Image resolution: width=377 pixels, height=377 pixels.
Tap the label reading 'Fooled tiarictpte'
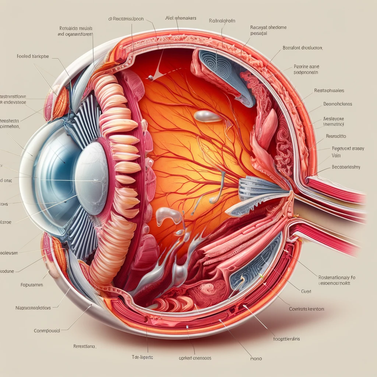pyautogui.click(x=33, y=57)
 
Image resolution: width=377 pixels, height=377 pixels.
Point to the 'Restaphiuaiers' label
pyautogui.click(x=329, y=90)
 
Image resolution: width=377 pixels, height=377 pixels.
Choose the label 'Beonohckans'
pyautogui.click(x=338, y=104)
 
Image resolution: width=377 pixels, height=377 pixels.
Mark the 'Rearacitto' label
pyautogui.click(x=336, y=136)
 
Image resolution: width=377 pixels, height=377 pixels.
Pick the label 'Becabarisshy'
pyautogui.click(x=346, y=167)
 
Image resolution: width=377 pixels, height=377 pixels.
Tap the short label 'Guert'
pyautogui.click(x=306, y=291)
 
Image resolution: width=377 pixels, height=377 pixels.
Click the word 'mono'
pyautogui.click(x=256, y=358)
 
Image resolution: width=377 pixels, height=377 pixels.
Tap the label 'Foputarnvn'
pyautogui.click(x=32, y=285)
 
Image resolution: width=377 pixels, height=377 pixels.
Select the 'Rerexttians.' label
pyautogui.click(x=84, y=346)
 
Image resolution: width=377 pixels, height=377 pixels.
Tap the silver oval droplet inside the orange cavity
pyautogui.click(x=207, y=116)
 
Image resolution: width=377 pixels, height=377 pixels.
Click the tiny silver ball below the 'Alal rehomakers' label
pyautogui.click(x=151, y=77)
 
